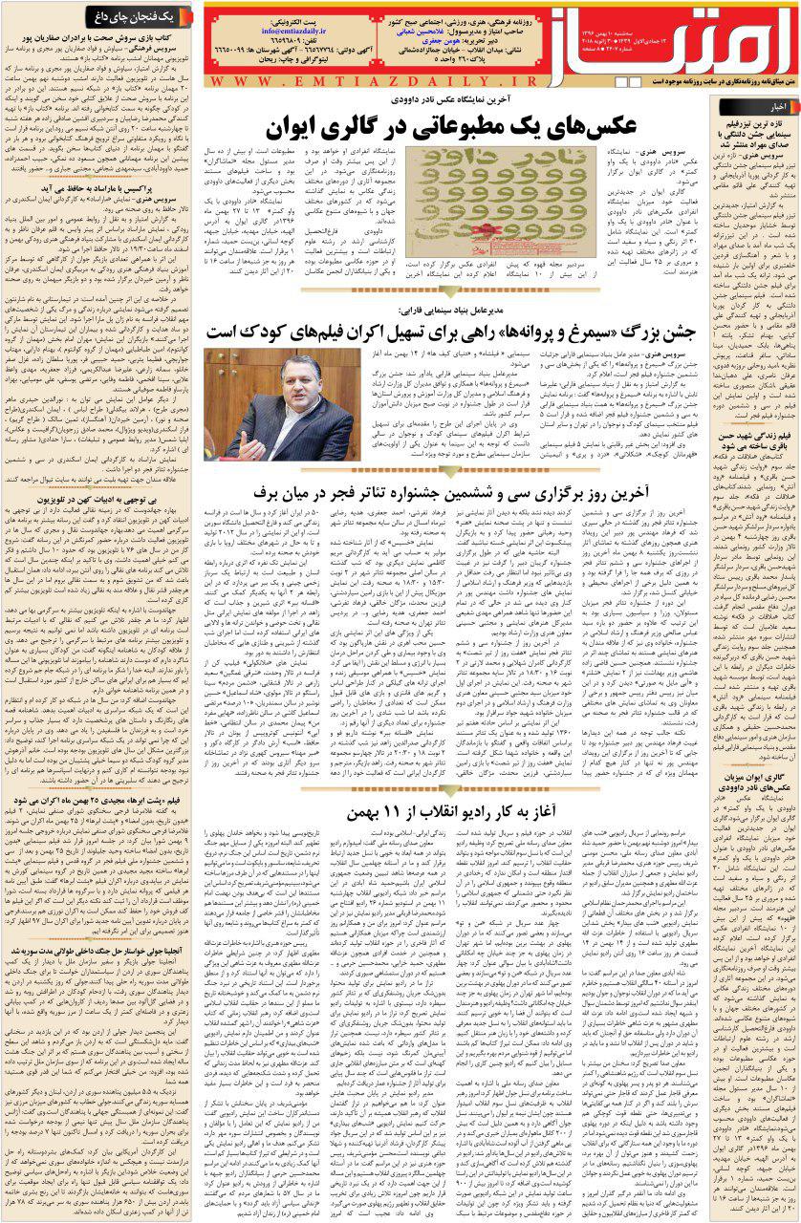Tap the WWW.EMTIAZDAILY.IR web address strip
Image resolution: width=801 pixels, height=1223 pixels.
[411, 82]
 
